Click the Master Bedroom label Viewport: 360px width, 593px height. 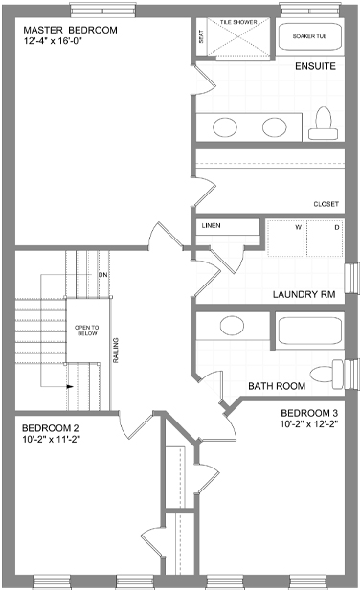point(70,30)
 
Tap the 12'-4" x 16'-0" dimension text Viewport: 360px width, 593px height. point(54,41)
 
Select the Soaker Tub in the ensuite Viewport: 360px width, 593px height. point(310,36)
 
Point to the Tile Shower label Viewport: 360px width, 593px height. point(238,22)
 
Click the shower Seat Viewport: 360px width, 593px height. point(201,36)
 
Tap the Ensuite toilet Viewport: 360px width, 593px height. point(323,124)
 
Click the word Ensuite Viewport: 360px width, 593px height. point(315,66)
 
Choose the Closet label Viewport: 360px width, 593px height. point(326,204)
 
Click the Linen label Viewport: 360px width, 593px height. point(211,226)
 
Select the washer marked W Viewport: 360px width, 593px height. point(286,238)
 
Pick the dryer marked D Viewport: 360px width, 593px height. point(325,238)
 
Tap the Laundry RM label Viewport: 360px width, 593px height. point(304,294)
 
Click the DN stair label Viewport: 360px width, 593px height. point(102,275)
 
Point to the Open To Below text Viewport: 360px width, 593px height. point(86,331)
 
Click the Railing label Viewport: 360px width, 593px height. point(116,351)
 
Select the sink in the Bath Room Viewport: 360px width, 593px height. point(232,326)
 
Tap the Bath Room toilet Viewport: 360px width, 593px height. point(326,375)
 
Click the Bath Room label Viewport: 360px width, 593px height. point(277,386)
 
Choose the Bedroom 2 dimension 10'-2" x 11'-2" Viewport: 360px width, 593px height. point(53,439)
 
